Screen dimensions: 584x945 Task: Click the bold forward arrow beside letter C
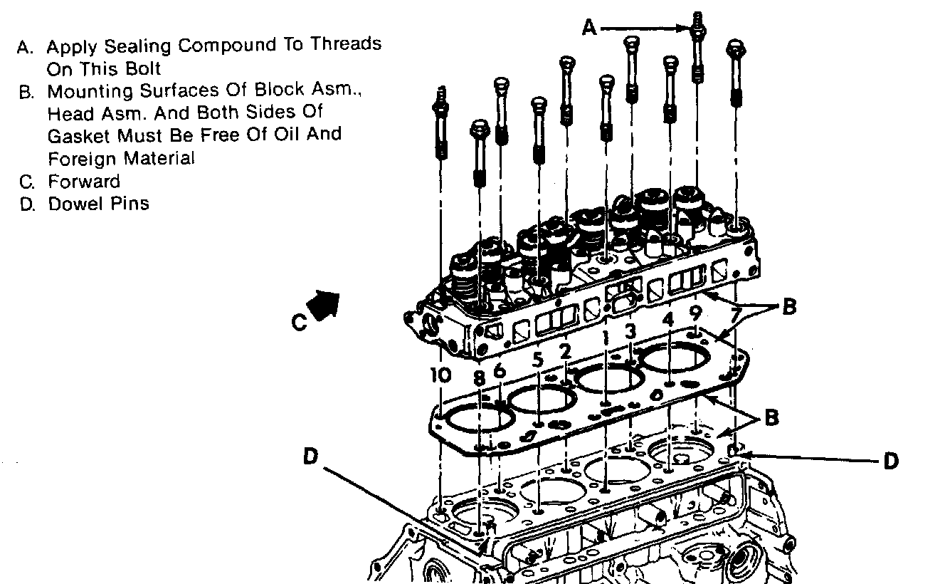click(326, 304)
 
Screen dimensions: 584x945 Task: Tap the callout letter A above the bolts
click(588, 28)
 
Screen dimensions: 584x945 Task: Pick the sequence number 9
click(696, 313)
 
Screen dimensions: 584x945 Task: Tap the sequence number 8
click(479, 377)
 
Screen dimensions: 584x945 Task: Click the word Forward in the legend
click(84, 181)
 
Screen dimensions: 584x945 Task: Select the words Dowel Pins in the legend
click(98, 204)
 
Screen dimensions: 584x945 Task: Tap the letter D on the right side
click(890, 461)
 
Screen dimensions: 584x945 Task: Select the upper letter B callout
click(788, 307)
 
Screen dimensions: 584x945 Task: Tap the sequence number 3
click(630, 331)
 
